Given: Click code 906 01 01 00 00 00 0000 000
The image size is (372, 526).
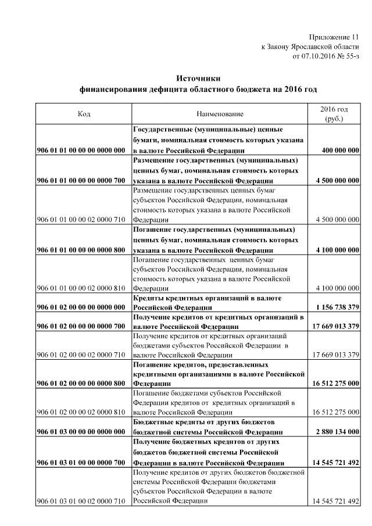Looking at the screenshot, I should click(x=81, y=150).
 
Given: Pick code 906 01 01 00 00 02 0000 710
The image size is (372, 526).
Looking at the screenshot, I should click(x=81, y=220).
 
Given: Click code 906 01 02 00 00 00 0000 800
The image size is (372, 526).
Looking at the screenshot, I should click(x=81, y=384).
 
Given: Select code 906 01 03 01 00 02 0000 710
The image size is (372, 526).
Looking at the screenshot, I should click(x=81, y=501).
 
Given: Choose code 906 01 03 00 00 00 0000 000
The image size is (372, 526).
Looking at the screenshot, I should click(x=81, y=432).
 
